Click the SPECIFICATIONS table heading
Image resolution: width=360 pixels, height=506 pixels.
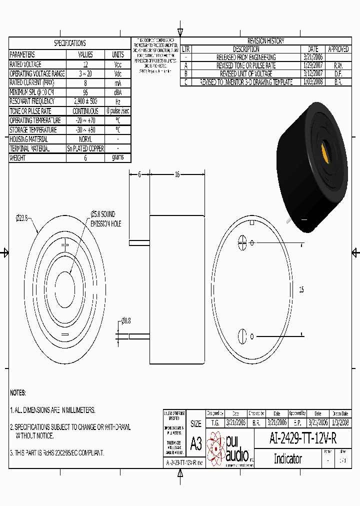(x=69, y=43)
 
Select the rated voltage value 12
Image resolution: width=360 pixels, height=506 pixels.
(x=85, y=64)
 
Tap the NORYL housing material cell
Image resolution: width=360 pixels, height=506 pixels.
(x=85, y=139)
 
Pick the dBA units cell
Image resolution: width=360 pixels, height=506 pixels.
(x=118, y=92)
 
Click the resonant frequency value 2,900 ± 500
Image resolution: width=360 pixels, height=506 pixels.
(x=85, y=101)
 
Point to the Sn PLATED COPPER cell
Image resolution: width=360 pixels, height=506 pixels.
(x=85, y=149)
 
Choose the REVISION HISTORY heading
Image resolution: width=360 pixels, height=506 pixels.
(x=265, y=41)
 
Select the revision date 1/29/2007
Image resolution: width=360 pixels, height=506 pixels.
(x=313, y=65)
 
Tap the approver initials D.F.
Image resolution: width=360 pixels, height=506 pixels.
(x=338, y=74)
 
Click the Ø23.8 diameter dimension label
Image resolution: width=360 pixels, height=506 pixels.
(x=23, y=217)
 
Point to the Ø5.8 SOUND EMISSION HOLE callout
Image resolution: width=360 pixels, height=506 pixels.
(x=105, y=219)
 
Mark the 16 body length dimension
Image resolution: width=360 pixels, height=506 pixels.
(x=177, y=174)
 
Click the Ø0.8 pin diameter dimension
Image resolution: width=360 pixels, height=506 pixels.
(x=125, y=321)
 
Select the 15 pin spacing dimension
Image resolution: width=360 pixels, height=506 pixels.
(x=301, y=289)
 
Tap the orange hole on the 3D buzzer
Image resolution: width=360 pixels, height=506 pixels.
(x=327, y=150)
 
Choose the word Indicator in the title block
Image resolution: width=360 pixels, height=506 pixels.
(x=287, y=459)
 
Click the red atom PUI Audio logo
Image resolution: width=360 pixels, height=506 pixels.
(x=216, y=448)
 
